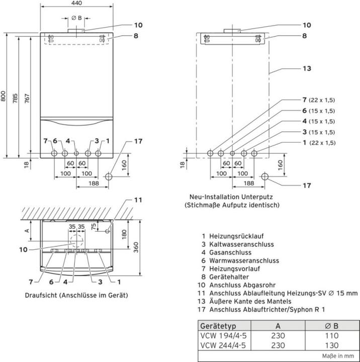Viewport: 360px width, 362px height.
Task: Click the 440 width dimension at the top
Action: coord(76,4)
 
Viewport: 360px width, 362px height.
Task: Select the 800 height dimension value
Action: coord(4,97)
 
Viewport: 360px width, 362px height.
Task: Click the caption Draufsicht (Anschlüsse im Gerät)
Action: coord(76,295)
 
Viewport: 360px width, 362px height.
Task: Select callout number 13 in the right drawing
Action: coord(307,68)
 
